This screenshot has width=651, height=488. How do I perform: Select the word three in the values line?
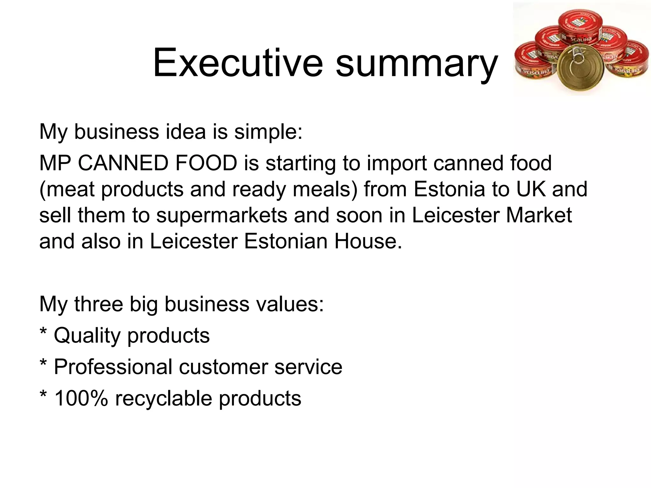coord(99,304)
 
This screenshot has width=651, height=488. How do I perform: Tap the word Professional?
coord(113,367)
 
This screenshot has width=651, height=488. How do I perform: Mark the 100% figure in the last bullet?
coord(81,398)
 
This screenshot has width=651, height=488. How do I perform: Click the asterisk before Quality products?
coord(43,332)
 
